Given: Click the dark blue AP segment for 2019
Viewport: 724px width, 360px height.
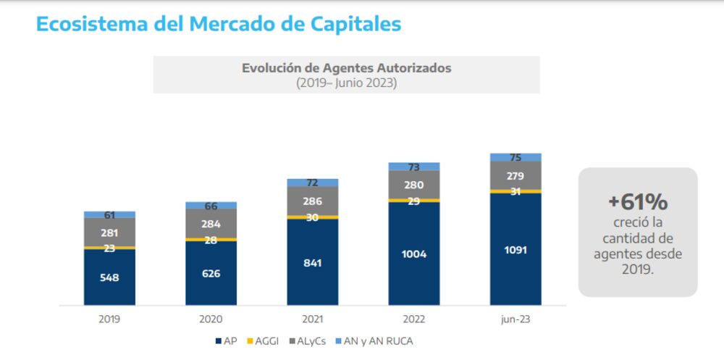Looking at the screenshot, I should [x=109, y=277].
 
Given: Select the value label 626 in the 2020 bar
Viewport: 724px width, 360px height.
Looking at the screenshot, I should [x=211, y=273].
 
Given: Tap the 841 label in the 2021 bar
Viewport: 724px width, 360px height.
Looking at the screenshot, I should [x=312, y=262].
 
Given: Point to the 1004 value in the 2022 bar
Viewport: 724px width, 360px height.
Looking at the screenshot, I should [x=413, y=254].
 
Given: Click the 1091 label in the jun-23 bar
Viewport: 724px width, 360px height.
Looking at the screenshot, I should [x=515, y=250].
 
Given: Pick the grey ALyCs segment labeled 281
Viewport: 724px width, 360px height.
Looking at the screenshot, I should [x=109, y=233].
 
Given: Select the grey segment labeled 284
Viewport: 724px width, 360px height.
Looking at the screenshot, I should [x=211, y=223].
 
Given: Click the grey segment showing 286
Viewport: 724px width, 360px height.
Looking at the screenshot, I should [x=312, y=201].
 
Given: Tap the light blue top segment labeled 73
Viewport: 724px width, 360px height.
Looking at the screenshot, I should [x=413, y=167].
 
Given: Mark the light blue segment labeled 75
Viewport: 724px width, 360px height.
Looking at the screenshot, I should [x=515, y=157].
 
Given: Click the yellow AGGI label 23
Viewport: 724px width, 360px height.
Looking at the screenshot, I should [x=109, y=248].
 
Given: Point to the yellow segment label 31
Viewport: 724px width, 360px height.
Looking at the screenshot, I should [x=515, y=191].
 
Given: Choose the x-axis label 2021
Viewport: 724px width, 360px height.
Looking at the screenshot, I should [x=312, y=319].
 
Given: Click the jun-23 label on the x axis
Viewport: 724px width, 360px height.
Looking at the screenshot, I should [x=515, y=319].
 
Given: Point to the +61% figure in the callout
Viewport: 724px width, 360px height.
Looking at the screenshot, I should [x=637, y=202].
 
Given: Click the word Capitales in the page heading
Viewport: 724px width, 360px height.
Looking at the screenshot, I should [x=354, y=23].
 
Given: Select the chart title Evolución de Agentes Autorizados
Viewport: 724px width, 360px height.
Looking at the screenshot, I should [x=346, y=68].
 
